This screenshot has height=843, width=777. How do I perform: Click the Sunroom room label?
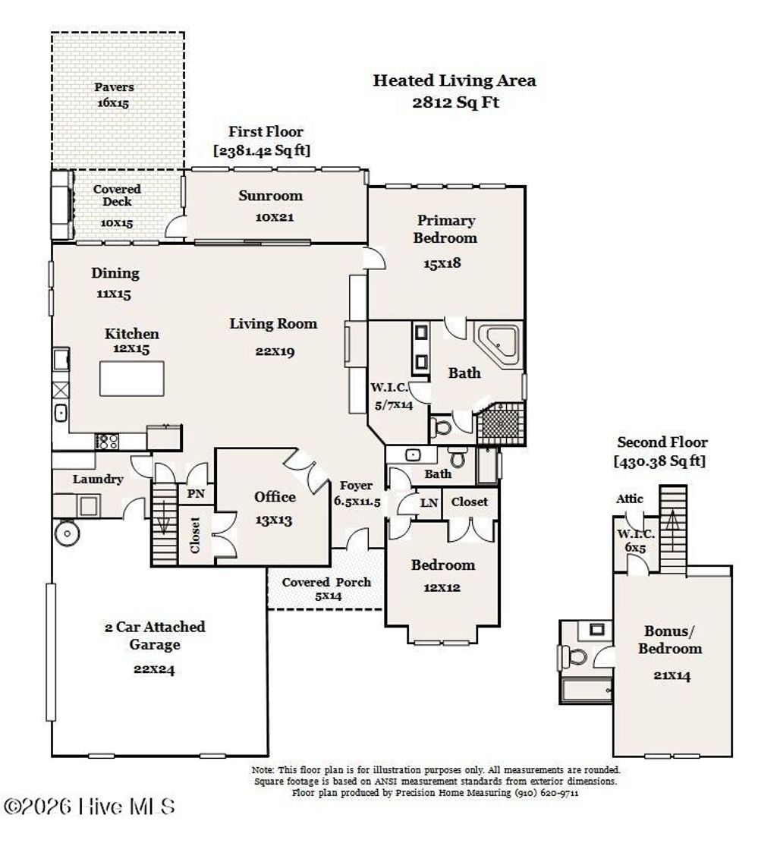270,196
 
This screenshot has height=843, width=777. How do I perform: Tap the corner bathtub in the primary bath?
499,345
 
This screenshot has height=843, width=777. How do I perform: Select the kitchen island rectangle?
132,379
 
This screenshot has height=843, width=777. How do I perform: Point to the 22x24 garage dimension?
154,669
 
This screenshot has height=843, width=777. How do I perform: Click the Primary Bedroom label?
445,229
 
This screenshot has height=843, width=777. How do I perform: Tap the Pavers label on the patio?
114,87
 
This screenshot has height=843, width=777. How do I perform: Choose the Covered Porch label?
326,582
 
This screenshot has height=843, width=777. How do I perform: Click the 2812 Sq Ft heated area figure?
456,102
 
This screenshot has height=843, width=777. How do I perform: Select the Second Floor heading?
662,442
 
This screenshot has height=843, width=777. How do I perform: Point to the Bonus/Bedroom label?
670,640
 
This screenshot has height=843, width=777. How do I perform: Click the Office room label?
275,496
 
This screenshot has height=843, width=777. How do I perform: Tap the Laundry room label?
98,479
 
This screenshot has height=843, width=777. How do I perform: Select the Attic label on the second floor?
630,499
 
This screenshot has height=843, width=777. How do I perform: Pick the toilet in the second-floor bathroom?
573,656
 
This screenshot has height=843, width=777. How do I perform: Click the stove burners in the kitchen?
106,442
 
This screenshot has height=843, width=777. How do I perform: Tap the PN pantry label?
196,493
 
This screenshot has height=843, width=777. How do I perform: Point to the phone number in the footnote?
547,793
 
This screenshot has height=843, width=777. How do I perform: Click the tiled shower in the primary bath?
501,423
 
